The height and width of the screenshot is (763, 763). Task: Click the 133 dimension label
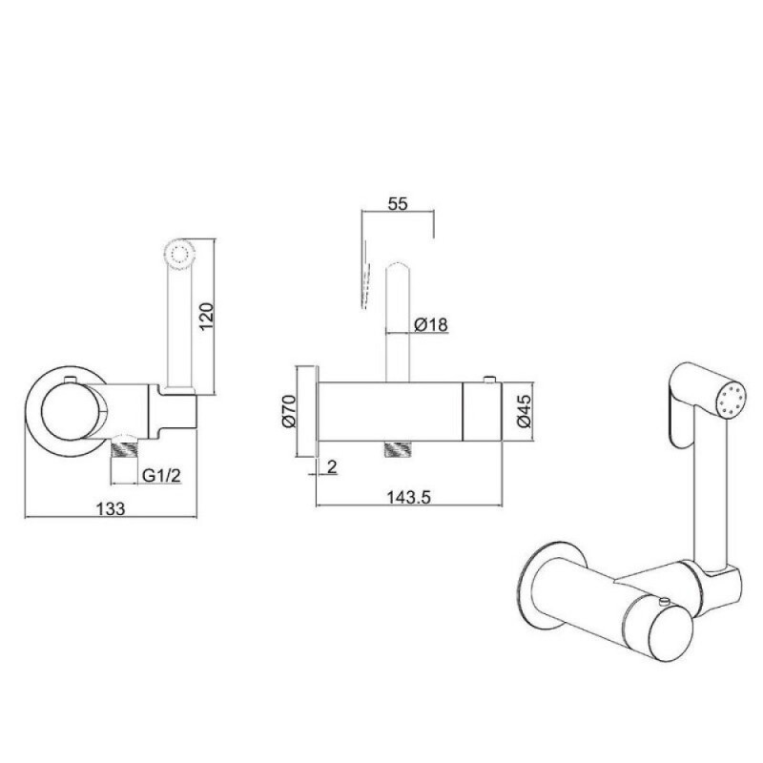tap(111, 508)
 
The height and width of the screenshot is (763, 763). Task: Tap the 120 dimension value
tap(206, 316)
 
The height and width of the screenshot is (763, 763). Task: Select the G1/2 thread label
tap(161, 475)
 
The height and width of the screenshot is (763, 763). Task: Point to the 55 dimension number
tap(398, 203)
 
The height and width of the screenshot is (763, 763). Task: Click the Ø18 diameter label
tap(431, 324)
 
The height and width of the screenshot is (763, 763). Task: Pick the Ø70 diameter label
tap(289, 411)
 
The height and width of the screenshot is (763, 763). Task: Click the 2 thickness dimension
tap(332, 467)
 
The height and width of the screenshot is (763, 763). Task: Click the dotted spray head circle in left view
tap(181, 254)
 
